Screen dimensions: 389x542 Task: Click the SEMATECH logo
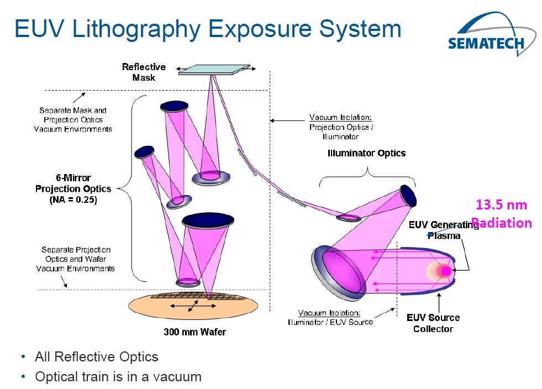486,38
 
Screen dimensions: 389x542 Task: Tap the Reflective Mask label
144,72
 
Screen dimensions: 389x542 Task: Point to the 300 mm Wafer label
194,332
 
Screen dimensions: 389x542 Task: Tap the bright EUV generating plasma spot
444,271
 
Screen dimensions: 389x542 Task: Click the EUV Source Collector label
433,323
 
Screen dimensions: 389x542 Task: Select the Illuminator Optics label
366,153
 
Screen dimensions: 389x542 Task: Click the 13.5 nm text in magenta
501,205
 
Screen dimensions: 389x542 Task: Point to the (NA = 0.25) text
73,200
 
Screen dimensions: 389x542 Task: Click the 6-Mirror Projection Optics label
73,183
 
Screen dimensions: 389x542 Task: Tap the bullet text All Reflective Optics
96,357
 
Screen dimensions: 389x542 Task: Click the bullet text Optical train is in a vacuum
118,377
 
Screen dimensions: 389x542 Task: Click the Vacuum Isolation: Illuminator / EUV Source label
330,317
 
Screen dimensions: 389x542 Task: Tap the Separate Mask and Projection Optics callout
73,120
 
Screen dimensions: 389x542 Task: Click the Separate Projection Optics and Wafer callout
76,259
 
